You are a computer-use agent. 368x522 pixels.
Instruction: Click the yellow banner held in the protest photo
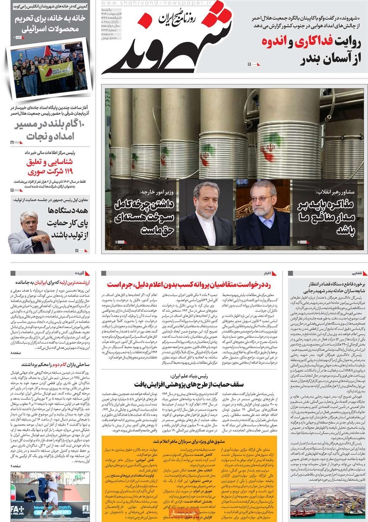click(x=56, y=71)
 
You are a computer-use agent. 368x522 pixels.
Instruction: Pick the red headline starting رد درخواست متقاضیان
click(x=188, y=284)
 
